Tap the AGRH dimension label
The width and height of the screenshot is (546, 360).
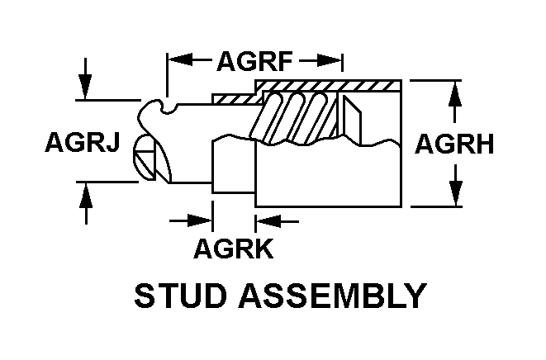click(x=454, y=144)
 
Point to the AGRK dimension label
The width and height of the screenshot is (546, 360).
click(x=234, y=248)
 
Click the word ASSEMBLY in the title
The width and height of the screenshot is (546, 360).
click(x=332, y=296)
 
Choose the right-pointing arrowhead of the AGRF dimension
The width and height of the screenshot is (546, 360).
click(x=330, y=60)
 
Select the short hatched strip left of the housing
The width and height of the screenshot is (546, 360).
click(x=234, y=98)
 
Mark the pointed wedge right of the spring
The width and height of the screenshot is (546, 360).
click(x=349, y=118)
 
